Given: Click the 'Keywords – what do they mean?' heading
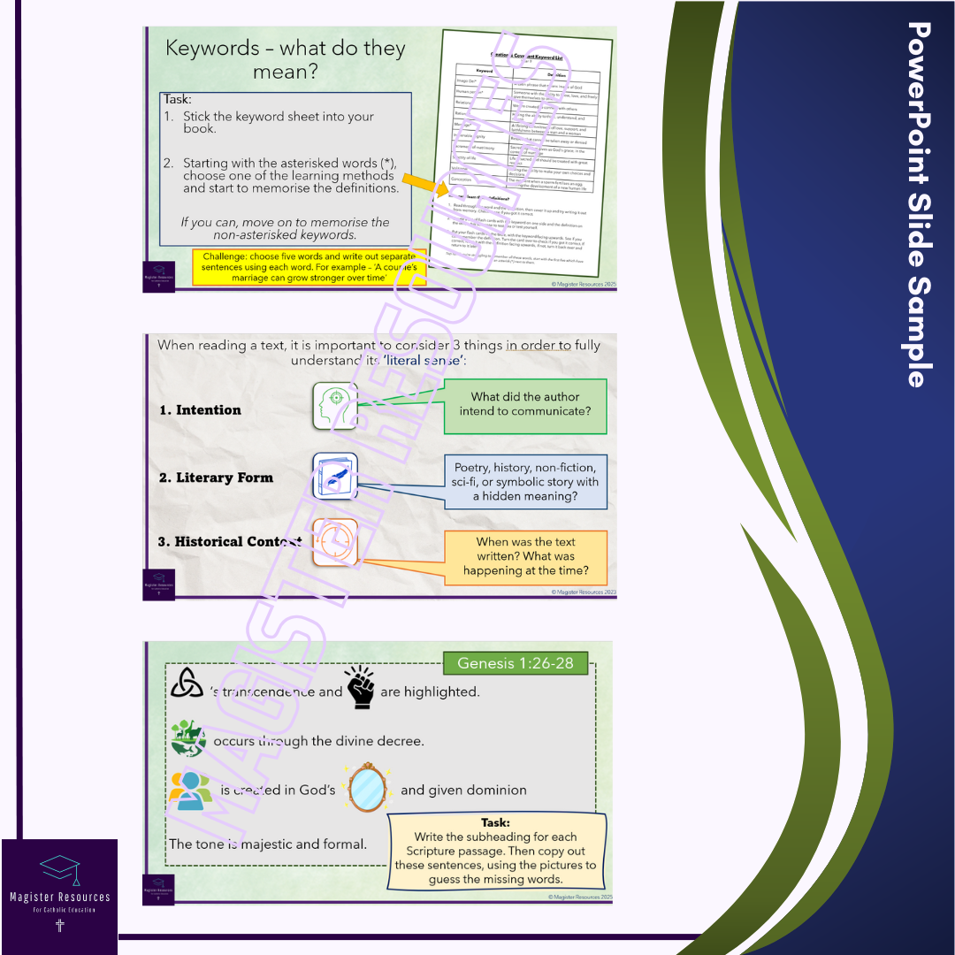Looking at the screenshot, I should click(x=286, y=59).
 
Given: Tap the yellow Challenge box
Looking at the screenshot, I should click(x=309, y=266).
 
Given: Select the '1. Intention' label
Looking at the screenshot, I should click(x=200, y=410).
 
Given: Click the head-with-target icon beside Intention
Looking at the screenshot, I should click(x=335, y=406).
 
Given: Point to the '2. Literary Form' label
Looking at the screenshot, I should click(x=216, y=477).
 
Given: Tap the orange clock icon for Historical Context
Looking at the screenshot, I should click(x=335, y=541).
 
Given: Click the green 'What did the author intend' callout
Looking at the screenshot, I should click(x=525, y=405).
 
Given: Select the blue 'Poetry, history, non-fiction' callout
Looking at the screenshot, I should click(x=525, y=482).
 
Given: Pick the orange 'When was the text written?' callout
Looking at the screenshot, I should click(x=525, y=556).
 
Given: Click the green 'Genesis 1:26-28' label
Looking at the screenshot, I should click(x=515, y=663).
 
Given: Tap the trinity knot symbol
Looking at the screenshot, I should click(x=186, y=683).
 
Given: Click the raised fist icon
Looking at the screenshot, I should click(x=360, y=687).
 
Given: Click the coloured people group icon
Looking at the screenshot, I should click(x=189, y=790).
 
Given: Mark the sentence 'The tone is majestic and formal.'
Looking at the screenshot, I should click(x=268, y=844).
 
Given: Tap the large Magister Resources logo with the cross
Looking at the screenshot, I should click(x=59, y=896).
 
